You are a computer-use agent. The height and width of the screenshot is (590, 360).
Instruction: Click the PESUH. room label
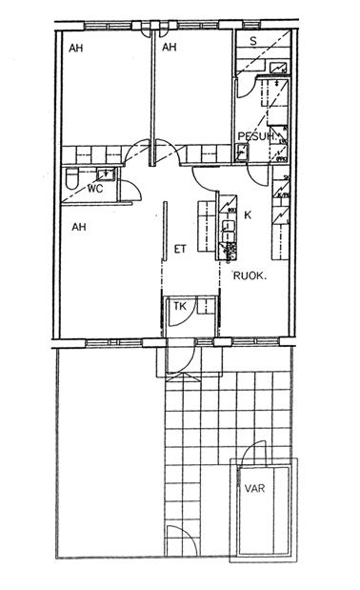257,136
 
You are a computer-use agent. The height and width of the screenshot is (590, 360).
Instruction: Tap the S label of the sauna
253,41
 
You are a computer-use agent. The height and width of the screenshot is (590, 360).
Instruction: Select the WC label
95,189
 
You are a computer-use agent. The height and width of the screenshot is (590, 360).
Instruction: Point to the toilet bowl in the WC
71,179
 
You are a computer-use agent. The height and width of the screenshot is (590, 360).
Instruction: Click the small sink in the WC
106,174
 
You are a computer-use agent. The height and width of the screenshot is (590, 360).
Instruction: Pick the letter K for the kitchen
248,215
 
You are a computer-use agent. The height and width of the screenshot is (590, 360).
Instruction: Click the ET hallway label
180,249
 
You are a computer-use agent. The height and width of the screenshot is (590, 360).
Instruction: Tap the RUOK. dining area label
250,275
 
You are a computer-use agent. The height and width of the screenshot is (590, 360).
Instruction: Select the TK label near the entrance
180,306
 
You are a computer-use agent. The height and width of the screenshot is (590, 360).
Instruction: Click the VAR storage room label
254,489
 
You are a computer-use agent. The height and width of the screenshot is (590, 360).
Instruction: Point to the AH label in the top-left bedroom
76,49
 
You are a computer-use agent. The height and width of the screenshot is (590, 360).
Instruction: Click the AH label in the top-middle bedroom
170,47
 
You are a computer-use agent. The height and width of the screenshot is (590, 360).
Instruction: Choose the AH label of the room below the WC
79,227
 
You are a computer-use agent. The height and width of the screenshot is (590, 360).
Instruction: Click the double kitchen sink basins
229,231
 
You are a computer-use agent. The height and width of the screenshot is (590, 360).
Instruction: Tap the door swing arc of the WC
136,188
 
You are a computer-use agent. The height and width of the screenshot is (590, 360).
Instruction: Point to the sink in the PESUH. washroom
241,152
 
